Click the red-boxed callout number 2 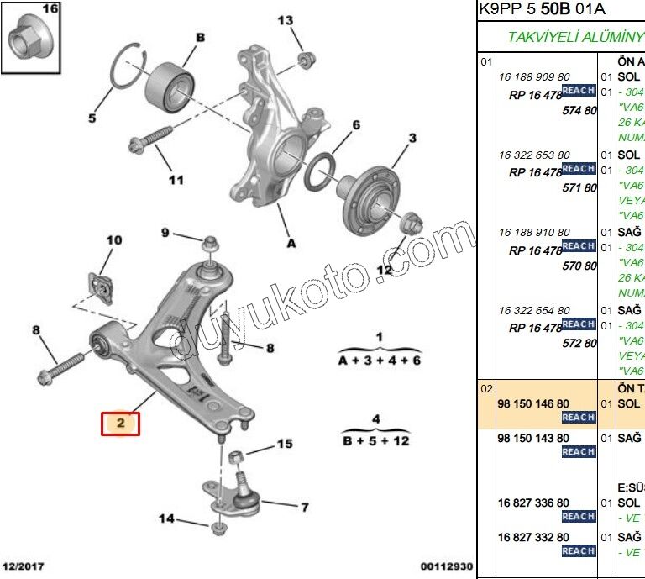pyautogui.click(x=120, y=424)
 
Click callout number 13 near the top pyautogui.click(x=286, y=20)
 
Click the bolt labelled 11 pyautogui.click(x=151, y=138)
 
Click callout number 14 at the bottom pyautogui.click(x=166, y=518)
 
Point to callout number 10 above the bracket pyautogui.click(x=113, y=241)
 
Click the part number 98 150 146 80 pyautogui.click(x=533, y=404)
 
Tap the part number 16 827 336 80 pyautogui.click(x=533, y=503)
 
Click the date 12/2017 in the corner pyautogui.click(x=22, y=567)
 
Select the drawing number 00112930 pyautogui.click(x=446, y=567)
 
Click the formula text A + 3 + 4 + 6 pyautogui.click(x=379, y=360)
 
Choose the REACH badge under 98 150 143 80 pyautogui.click(x=579, y=452)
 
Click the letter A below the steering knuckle pyautogui.click(x=291, y=244)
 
